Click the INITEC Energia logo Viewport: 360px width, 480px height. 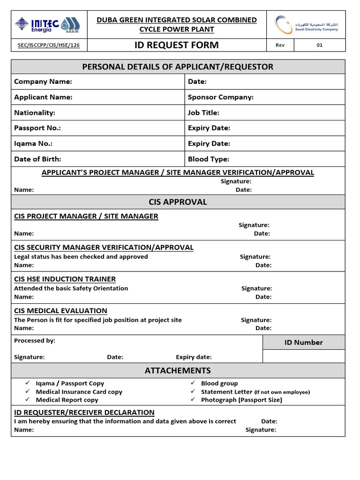47,24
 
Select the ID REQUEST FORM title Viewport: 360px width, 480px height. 177,45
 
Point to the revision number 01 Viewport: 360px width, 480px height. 319,45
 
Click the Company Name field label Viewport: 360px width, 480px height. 43,82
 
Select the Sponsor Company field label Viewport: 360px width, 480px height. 220,97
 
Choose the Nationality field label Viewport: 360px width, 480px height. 35,112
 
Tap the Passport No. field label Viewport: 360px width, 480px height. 37,128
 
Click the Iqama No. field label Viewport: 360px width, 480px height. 33,143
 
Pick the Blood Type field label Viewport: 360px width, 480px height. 209,159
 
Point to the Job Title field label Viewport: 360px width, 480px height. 203,112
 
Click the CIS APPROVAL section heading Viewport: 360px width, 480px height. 178,202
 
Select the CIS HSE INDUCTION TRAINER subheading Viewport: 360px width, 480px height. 65,279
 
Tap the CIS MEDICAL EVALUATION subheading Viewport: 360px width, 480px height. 60,311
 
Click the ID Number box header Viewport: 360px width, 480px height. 303,342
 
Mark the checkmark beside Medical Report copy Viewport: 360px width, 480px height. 28,399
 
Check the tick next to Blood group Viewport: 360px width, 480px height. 193,383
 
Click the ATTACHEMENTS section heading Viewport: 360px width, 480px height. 178,370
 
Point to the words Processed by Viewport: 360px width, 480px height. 35,340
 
